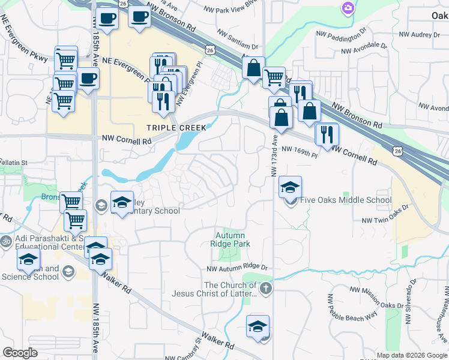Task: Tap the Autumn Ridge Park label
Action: point(230,239)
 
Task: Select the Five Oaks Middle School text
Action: point(346,200)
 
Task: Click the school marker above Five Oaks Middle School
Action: point(290,188)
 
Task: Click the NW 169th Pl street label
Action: point(298,151)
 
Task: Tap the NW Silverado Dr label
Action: point(414,294)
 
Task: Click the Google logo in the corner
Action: point(20,353)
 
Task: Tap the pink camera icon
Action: point(348,8)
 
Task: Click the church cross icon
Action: point(266,289)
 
